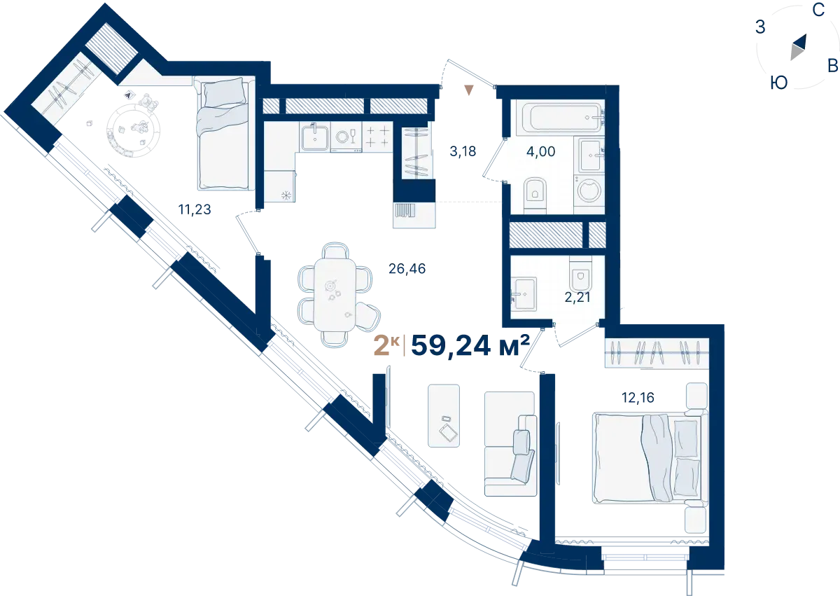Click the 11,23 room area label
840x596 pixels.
195,209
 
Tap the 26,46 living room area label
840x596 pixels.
407,268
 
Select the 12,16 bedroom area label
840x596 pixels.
638,397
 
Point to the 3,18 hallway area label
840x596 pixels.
463,151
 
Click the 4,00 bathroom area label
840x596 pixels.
540,151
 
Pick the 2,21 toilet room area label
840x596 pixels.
577,298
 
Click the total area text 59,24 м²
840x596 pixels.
470,345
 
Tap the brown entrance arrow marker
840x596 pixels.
469,90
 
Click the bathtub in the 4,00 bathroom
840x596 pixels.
560,118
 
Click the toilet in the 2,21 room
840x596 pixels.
580,275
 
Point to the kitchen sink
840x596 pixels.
314,137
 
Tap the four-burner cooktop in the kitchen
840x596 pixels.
377,137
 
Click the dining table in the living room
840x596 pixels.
335,295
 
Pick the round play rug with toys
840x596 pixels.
134,131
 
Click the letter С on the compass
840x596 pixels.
818,10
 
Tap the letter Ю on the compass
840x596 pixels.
779,83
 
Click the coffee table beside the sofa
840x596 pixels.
444,415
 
